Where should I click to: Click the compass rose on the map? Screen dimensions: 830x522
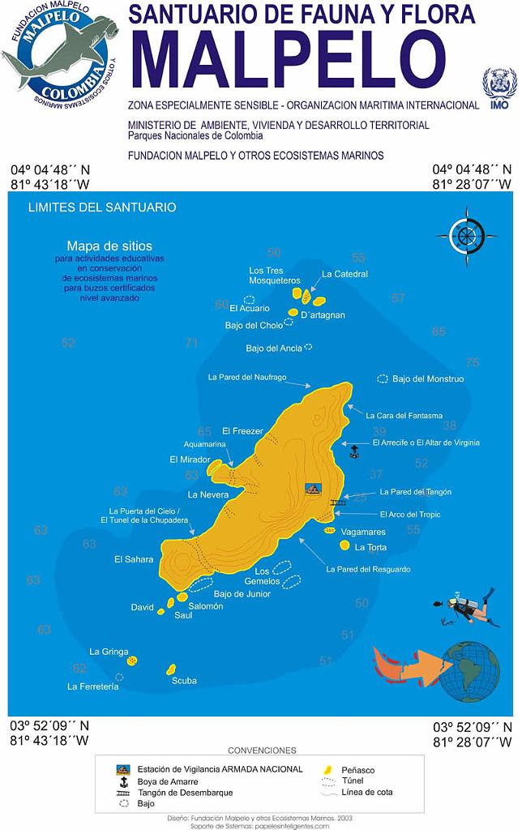[466, 235]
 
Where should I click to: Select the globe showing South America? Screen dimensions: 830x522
[469, 670]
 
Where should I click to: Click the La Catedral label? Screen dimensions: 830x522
[344, 274]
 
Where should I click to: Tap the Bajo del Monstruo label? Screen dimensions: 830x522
[428, 379]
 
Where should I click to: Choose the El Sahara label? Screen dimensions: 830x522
[134, 559]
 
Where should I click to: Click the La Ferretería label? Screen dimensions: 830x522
[93, 687]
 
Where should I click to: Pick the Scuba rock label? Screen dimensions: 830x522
[184, 681]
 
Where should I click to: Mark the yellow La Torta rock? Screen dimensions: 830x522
[345, 546]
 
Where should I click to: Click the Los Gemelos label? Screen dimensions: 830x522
[267, 576]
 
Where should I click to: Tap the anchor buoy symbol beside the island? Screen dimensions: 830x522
[354, 451]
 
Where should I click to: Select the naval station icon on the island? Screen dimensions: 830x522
[313, 489]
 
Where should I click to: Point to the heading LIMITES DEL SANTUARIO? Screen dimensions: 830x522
[102, 207]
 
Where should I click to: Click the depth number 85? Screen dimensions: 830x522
[439, 332]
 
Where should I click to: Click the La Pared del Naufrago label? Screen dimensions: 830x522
[246, 377]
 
